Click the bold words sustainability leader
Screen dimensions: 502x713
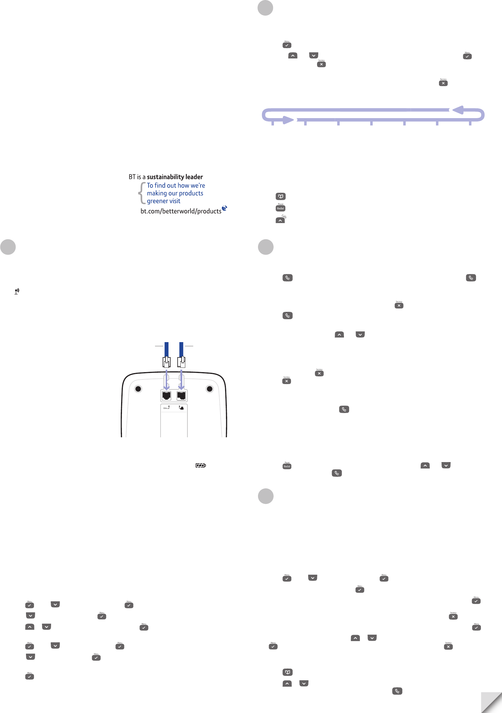(x=175, y=177)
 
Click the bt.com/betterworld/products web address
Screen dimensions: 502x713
(x=181, y=211)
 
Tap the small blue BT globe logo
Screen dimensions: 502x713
(x=224, y=208)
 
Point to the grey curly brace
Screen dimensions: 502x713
(x=142, y=193)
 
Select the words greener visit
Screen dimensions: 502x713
(x=164, y=201)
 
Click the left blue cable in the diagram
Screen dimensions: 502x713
(x=167, y=349)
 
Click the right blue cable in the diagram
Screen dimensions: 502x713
(x=181, y=349)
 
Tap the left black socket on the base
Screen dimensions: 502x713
(x=167, y=396)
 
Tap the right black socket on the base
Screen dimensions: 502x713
(x=181, y=396)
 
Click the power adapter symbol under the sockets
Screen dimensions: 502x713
(x=181, y=408)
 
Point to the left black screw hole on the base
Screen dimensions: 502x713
(x=138, y=389)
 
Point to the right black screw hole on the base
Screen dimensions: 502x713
(x=210, y=389)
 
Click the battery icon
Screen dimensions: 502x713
(x=201, y=465)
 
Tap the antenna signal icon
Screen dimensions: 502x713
(x=17, y=291)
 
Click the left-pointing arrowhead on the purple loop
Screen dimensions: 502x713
(x=458, y=110)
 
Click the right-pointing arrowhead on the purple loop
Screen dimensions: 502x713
(x=288, y=120)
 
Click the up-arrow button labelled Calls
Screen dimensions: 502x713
(x=280, y=220)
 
